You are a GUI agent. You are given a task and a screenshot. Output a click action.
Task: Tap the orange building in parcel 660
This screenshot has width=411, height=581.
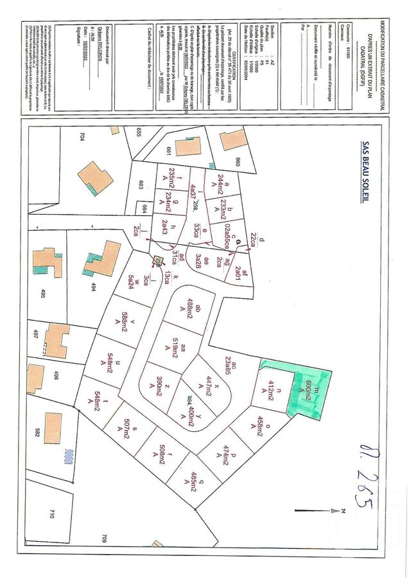[232, 139]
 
